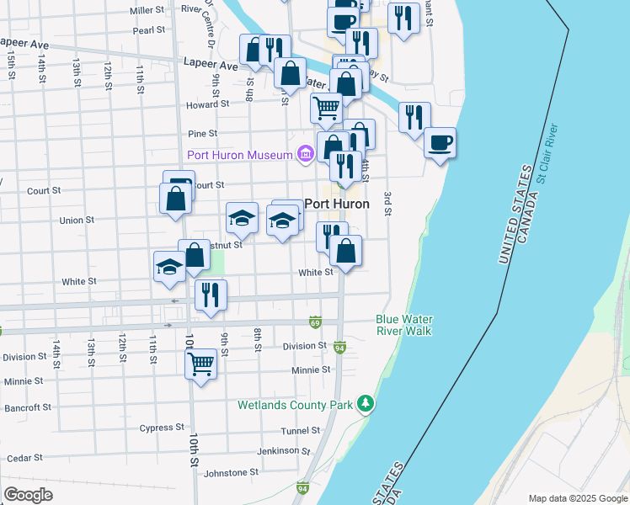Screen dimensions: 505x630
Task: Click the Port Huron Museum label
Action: pos(238,155)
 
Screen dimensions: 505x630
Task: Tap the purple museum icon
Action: pos(304,154)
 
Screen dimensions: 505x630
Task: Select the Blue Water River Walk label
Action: pos(403,325)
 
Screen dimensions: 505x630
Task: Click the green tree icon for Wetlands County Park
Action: pos(365,405)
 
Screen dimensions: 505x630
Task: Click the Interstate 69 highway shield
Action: pos(315,322)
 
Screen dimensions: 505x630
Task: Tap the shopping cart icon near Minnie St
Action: pos(200,364)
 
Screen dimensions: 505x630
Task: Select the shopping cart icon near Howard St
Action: pos(326,107)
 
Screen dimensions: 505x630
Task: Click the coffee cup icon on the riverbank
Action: pos(439,141)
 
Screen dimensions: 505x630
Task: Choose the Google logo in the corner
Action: pos(28,495)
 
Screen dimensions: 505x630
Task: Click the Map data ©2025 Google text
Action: pos(578,498)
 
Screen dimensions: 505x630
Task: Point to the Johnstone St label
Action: pos(231,473)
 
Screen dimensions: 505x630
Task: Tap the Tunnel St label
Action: pos(301,430)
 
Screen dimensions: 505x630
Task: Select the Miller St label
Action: pos(147,10)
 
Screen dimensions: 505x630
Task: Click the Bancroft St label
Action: pos(28,407)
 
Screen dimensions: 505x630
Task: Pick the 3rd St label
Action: pos(388,203)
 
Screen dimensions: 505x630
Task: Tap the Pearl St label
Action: pos(148,30)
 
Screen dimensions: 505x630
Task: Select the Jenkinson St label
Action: pos(278,451)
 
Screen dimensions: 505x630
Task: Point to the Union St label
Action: pos(77,221)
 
